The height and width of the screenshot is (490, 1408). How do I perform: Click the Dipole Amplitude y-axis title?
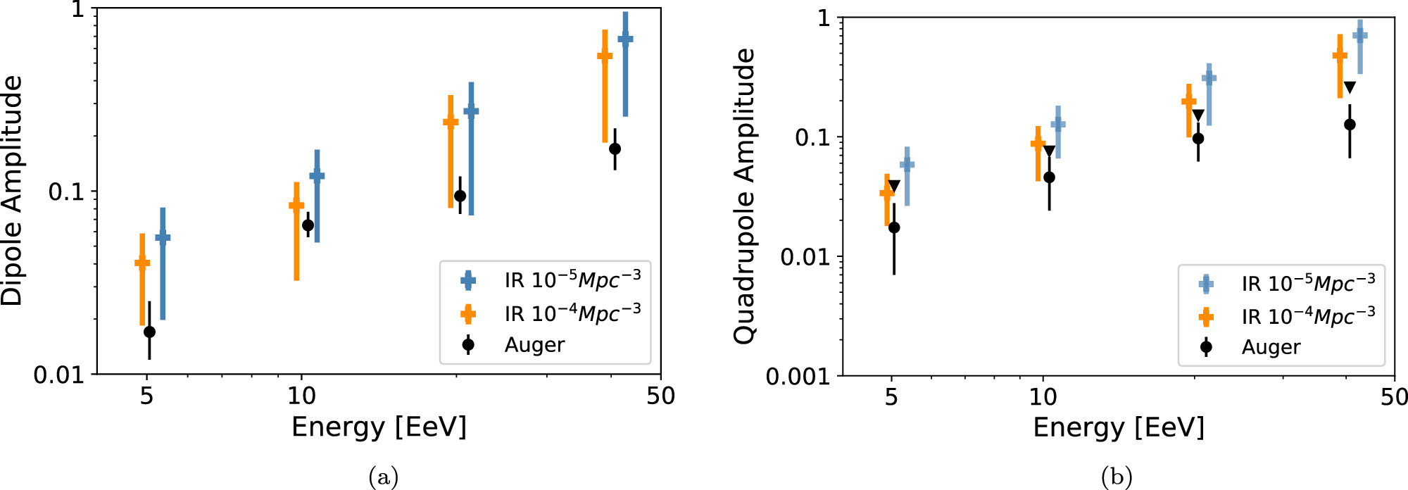point(13,190)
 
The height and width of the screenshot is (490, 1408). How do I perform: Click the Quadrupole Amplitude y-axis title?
point(744,196)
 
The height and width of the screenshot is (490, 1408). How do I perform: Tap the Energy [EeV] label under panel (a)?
point(379,427)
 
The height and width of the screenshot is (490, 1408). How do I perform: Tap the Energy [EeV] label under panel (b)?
point(1119,427)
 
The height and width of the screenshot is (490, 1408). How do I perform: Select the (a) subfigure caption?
point(383,477)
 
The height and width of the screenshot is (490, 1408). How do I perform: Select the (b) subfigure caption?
point(1117,477)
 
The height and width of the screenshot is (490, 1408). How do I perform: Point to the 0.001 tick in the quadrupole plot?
point(798,377)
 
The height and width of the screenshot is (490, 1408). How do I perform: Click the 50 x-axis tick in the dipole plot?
point(660,396)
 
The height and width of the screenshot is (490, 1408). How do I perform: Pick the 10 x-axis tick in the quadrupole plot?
point(1043,398)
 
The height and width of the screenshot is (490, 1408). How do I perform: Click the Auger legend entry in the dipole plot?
point(534,345)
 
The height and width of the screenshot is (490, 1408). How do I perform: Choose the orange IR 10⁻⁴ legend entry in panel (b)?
point(1307,317)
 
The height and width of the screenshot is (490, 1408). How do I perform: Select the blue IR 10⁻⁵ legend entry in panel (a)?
point(572,280)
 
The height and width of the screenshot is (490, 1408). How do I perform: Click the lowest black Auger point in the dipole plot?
point(149,332)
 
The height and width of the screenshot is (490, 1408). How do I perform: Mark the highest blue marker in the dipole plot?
point(625,39)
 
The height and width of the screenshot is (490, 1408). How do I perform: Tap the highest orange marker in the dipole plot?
point(605,56)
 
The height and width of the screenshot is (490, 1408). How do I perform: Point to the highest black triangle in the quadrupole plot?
point(1350,87)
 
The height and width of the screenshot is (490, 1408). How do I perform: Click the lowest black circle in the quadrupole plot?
point(894,227)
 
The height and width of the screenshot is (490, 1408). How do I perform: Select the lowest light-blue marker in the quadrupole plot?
point(907,165)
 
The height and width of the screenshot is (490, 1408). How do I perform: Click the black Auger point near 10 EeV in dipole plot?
point(308,225)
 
